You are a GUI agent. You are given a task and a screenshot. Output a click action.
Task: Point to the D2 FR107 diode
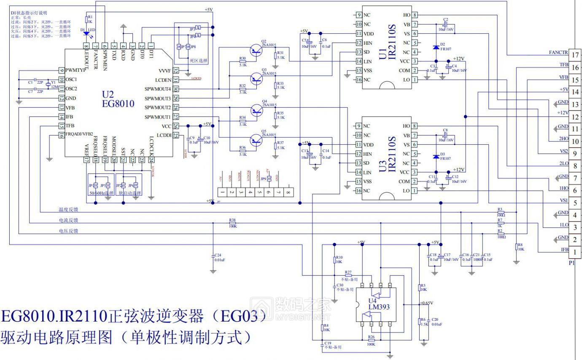tap(436, 47)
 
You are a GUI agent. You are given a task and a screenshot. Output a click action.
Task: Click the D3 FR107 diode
tap(436, 157)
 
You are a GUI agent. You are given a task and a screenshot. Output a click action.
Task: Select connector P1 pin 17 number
tap(575, 55)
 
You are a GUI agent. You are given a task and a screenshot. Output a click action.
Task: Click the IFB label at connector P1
tap(563, 250)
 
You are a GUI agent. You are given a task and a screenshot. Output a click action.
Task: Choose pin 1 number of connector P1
tap(575, 252)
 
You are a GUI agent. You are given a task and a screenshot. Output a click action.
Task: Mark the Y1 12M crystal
tap(48, 84)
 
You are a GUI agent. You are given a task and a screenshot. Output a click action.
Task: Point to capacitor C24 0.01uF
tap(213, 257)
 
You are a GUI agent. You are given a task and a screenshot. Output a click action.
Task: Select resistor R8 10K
tap(517, 247)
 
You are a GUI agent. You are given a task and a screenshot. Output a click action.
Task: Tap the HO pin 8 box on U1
tap(415, 15)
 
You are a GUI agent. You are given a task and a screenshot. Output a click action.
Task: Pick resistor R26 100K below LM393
tap(371, 339)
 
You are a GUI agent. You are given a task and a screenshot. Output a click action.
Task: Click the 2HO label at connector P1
tap(563, 139)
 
